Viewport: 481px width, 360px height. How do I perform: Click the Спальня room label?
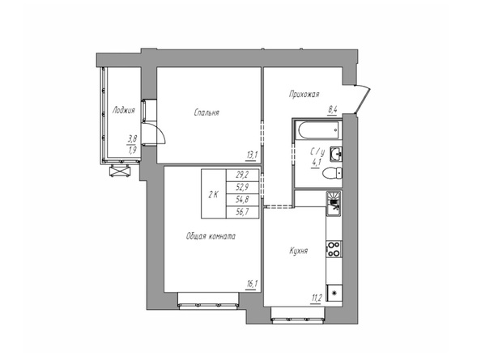coord(206,112)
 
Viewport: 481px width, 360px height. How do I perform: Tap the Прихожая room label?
coord(304,94)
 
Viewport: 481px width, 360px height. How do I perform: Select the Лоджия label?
coord(124,110)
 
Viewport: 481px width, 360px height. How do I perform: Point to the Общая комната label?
coord(211,236)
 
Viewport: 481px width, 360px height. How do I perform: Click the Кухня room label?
coord(298,251)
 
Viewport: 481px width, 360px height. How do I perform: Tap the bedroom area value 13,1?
coord(252,155)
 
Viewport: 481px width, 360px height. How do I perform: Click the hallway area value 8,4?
coord(332,110)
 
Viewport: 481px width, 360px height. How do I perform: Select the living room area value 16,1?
coord(252,284)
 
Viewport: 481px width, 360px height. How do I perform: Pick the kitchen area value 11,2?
coord(316,298)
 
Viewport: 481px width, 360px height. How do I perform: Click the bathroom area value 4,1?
coord(316,163)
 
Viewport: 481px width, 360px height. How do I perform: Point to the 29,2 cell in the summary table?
coord(242,175)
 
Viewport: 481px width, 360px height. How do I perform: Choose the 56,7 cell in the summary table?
coord(242,212)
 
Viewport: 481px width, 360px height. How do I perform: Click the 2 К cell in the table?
coord(214,194)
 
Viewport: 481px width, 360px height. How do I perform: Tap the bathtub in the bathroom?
coord(317,130)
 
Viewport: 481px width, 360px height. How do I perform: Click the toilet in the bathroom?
coord(333,173)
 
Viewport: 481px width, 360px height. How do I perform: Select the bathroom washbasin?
coord(336,154)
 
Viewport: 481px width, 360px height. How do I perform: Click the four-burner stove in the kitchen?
coord(334,249)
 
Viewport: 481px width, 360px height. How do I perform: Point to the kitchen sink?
coord(334,204)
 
